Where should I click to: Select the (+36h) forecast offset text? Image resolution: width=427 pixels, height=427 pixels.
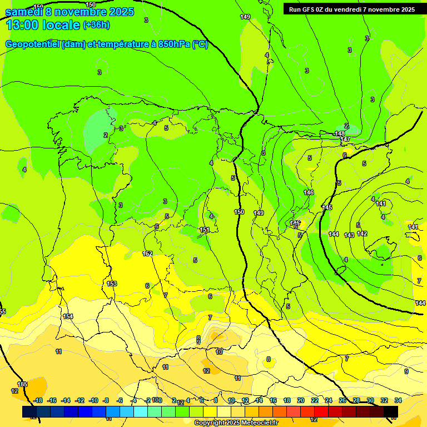[x=96, y=25]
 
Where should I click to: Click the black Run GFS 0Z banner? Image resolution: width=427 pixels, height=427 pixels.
[x=352, y=9]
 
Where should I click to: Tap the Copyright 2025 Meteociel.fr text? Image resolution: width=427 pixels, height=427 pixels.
[x=236, y=423]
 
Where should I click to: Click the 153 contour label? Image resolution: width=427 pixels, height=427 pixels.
[x=112, y=284]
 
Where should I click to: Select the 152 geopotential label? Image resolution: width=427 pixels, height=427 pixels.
[x=147, y=254]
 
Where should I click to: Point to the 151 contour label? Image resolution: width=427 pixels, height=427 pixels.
[x=205, y=230]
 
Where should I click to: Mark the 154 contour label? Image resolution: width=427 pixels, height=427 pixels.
[x=68, y=316]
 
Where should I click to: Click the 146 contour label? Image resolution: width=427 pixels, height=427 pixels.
[x=309, y=192]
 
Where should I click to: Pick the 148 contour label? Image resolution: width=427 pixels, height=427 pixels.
[x=340, y=134]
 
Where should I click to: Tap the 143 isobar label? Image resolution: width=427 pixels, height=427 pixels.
[x=349, y=235]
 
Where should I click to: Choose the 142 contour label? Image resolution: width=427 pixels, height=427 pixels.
[x=362, y=234]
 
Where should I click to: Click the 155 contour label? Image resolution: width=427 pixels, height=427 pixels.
[x=22, y=384]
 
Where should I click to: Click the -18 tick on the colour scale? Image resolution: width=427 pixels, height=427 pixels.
[x=38, y=400]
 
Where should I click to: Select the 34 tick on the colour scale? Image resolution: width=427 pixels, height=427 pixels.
[x=398, y=400]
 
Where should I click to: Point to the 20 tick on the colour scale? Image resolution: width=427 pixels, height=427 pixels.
[x=300, y=400]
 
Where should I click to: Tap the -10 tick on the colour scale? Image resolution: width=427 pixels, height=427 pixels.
[x=93, y=400]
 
